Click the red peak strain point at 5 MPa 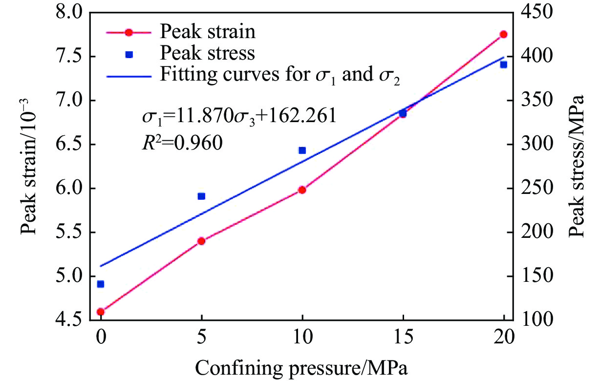[x=201, y=241]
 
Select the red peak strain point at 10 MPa [x=302, y=190]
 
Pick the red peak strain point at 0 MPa [x=101, y=312]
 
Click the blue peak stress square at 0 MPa [x=101, y=284]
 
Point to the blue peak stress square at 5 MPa [x=201, y=196]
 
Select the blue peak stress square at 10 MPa [x=302, y=150]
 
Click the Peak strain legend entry [x=208, y=32]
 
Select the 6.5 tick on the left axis [x=69, y=145]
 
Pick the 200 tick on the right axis [x=534, y=233]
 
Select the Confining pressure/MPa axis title [x=301, y=366]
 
